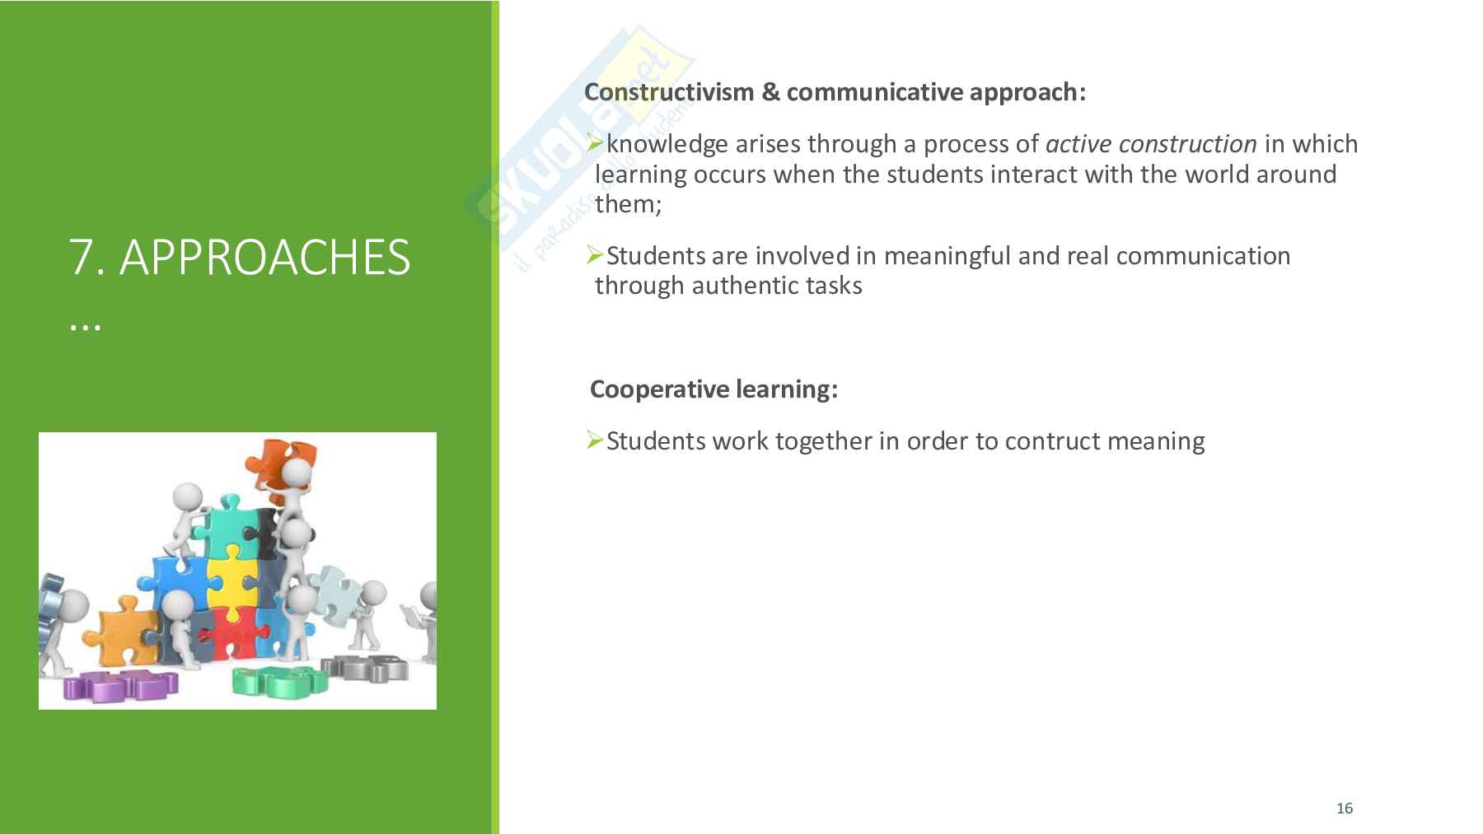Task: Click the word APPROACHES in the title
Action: pyautogui.click(x=264, y=257)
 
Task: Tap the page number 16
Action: pyautogui.click(x=1345, y=808)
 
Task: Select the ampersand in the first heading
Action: pyautogui.click(x=770, y=92)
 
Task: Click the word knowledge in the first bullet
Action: pyautogui.click(x=667, y=144)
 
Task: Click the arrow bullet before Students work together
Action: pyautogui.click(x=596, y=440)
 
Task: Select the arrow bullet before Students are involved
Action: pyautogui.click(x=596, y=255)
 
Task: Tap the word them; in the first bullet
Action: pyautogui.click(x=629, y=204)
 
